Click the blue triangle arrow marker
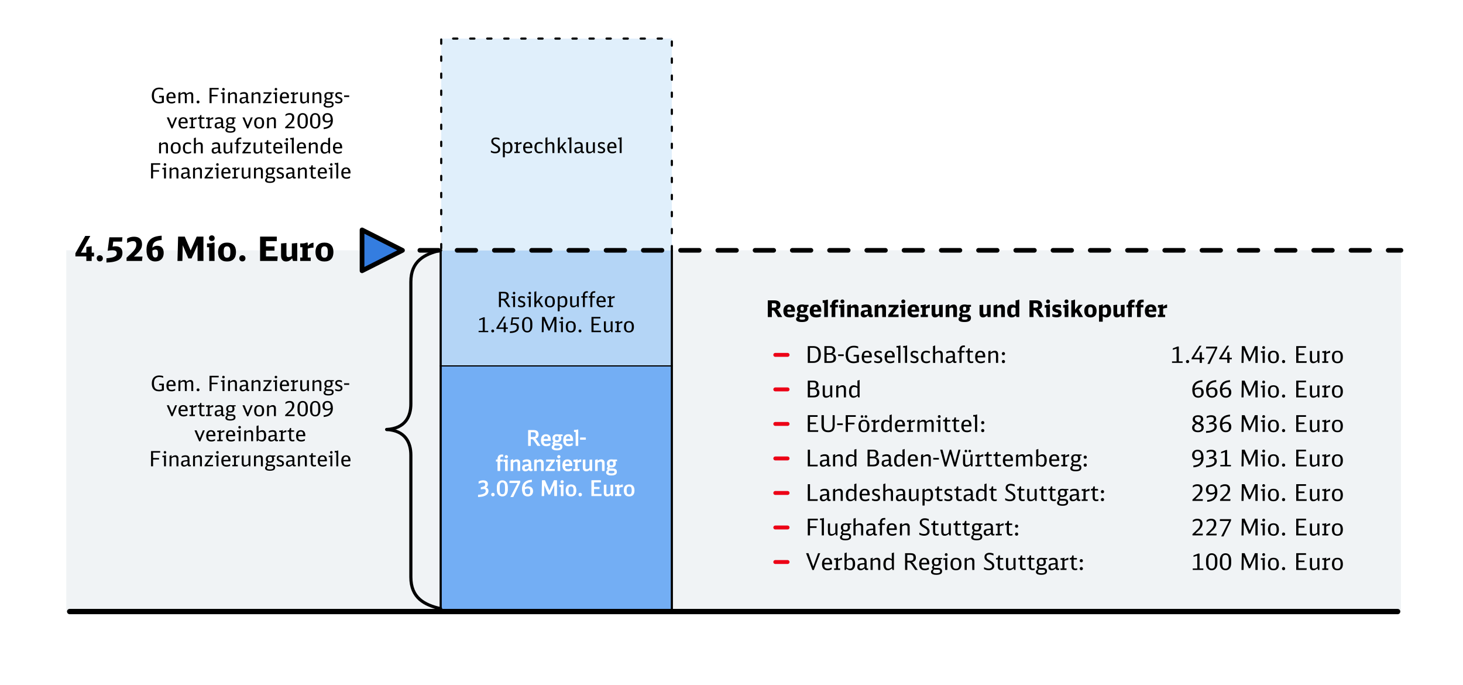(x=379, y=250)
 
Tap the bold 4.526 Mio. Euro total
(x=205, y=250)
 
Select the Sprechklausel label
(x=556, y=146)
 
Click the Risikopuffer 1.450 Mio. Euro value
(x=556, y=325)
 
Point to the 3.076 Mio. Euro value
(x=556, y=489)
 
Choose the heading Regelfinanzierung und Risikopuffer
(x=966, y=309)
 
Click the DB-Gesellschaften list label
(x=906, y=355)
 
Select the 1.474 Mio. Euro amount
(x=1256, y=355)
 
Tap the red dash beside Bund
(x=781, y=389)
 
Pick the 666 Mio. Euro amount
(x=1267, y=390)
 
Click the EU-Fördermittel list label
(x=895, y=424)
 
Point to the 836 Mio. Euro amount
(x=1267, y=424)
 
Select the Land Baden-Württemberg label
(x=946, y=459)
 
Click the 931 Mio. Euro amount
(x=1267, y=459)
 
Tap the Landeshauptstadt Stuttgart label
(x=955, y=494)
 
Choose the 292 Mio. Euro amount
(x=1267, y=494)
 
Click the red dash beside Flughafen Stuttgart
(x=781, y=528)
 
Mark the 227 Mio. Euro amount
(x=1267, y=528)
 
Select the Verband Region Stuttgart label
(x=945, y=563)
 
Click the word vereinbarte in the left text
(x=250, y=434)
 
